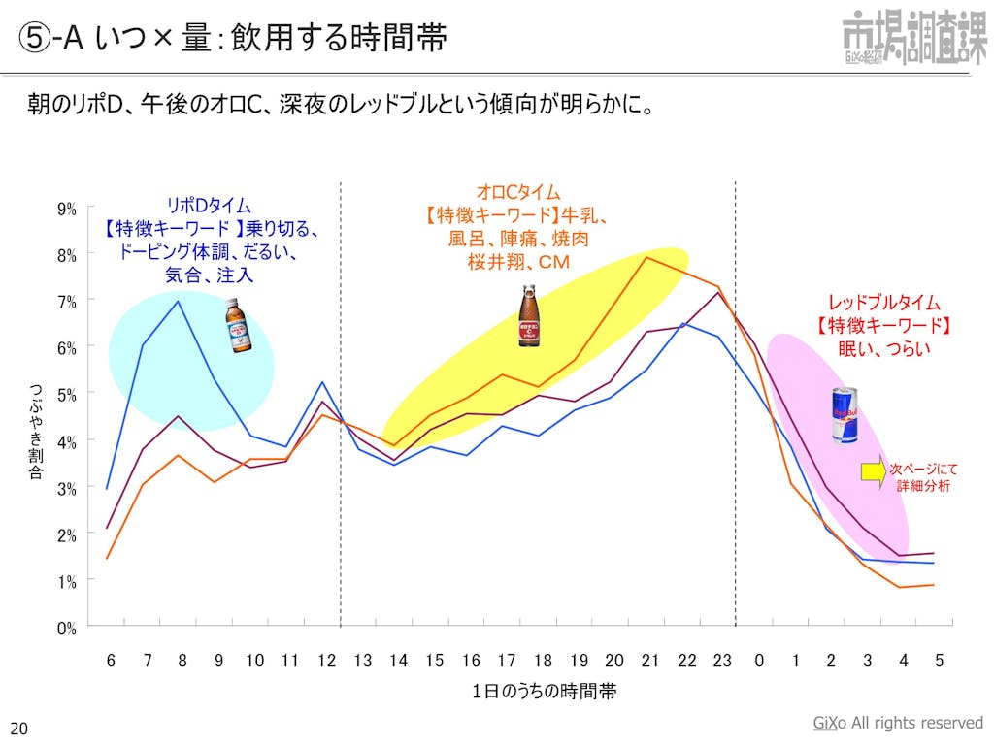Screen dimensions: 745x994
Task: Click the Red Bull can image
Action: point(845,415)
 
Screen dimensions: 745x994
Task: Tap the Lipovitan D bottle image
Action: point(238,325)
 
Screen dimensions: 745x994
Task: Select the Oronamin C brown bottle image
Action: point(528,316)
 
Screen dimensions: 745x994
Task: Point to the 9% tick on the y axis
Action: point(67,209)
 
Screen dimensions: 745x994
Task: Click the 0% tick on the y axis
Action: point(67,628)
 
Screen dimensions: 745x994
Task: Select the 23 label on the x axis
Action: point(722,661)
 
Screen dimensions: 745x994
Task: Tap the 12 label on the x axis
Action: point(326,661)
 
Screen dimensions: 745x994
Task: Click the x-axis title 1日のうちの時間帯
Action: point(545,692)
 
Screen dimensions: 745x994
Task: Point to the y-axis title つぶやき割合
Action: point(36,431)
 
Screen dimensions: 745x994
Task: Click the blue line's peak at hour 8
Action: point(179,302)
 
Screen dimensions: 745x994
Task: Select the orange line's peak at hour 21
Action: point(647,257)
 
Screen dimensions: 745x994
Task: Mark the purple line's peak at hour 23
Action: point(718,292)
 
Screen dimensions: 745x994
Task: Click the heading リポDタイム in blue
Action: point(209,206)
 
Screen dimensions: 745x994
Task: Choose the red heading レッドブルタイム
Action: point(883,303)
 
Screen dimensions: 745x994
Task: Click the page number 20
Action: point(18,728)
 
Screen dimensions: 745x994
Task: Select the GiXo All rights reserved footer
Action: point(897,723)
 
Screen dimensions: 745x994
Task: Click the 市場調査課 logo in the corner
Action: point(913,36)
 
